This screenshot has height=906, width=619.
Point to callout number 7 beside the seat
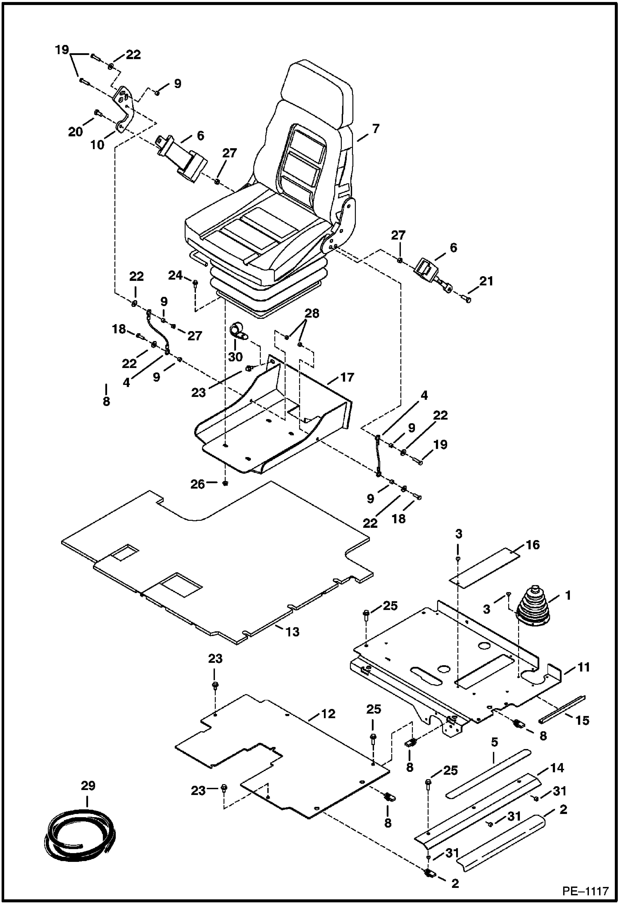click(x=375, y=129)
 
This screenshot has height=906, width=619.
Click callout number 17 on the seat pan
click(x=348, y=377)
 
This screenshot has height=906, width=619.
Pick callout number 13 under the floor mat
click(x=293, y=632)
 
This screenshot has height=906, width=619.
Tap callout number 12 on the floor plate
click(x=329, y=714)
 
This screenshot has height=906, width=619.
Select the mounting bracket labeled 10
click(x=124, y=111)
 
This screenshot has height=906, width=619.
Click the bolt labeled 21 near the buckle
click(x=467, y=299)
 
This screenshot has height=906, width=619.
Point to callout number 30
click(x=236, y=356)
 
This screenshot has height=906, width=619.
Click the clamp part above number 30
click(x=238, y=330)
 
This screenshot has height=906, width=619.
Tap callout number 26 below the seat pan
click(x=198, y=484)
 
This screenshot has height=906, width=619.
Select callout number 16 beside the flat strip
click(x=533, y=545)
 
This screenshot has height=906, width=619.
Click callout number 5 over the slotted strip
click(x=494, y=742)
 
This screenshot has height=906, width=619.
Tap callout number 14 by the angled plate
click(x=557, y=768)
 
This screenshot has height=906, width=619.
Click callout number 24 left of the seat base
click(x=176, y=275)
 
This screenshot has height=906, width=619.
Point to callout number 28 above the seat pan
click(x=312, y=313)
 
